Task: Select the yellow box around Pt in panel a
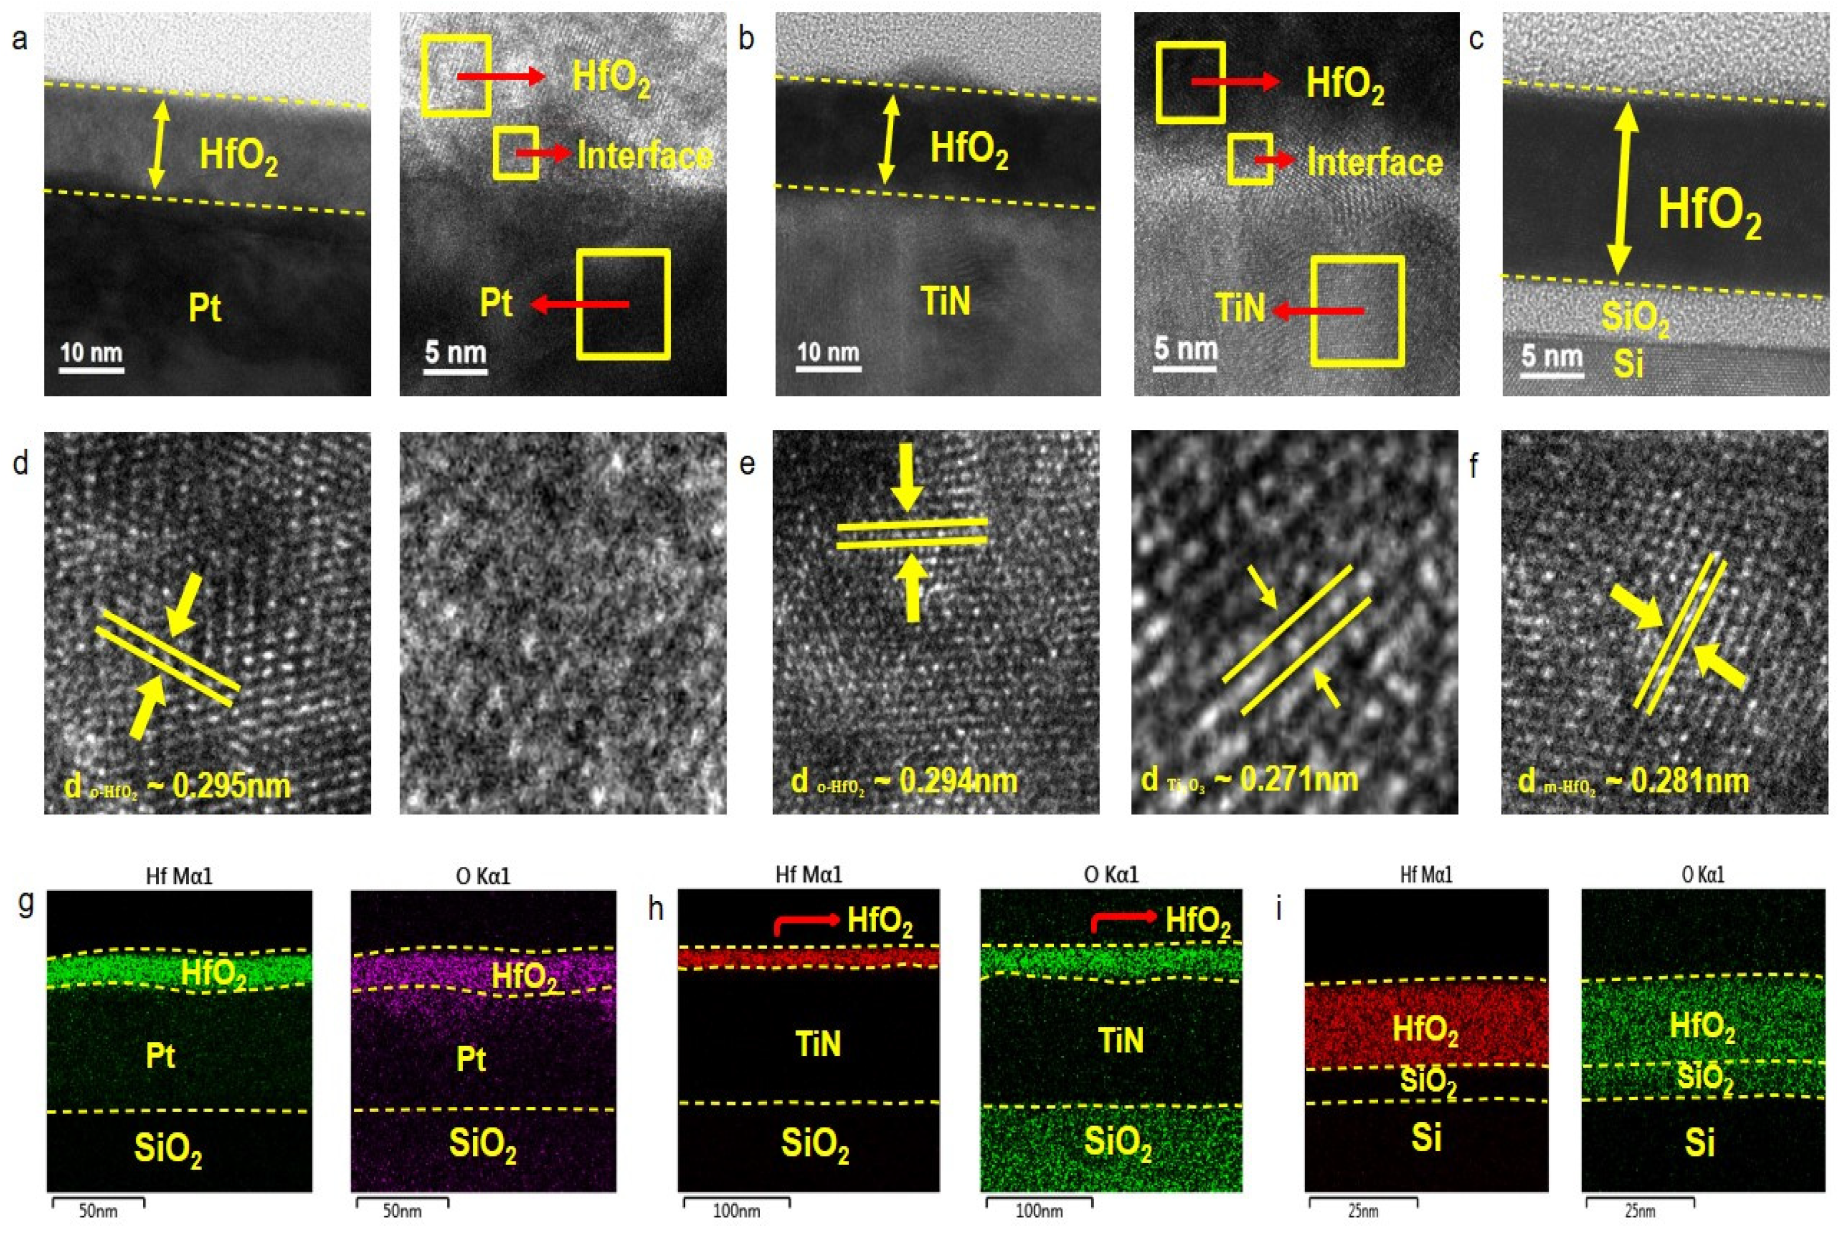tap(623, 305)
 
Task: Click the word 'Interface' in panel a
tap(645, 156)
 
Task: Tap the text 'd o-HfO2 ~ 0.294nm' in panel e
tap(904, 782)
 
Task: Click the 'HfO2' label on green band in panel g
tap(214, 973)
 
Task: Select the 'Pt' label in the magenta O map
tap(471, 1060)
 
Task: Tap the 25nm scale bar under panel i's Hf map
tap(1363, 1202)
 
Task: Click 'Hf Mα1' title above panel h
tap(808, 875)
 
